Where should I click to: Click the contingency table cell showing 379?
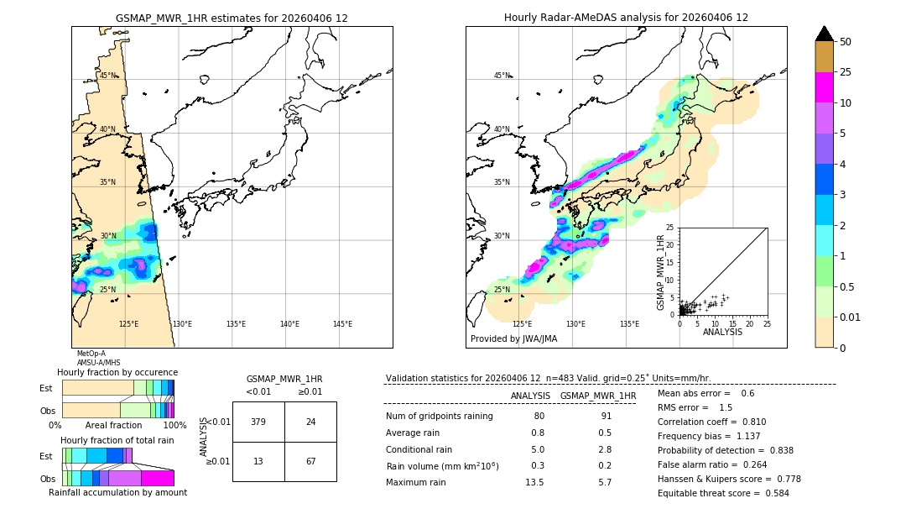point(258,422)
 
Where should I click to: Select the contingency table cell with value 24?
point(310,422)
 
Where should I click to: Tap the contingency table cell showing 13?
point(258,461)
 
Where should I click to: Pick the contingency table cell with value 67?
point(310,461)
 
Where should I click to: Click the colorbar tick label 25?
point(846,72)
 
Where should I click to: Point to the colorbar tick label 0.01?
point(851,317)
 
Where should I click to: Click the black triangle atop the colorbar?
point(825,34)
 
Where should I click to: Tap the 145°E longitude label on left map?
point(342,324)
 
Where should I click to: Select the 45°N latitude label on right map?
point(502,76)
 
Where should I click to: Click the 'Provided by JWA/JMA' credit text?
point(513,339)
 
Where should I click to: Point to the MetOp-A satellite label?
point(91,354)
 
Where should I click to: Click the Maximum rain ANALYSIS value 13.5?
point(534,482)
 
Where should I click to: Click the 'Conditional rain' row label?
point(420,449)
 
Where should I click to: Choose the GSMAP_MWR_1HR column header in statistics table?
point(597,396)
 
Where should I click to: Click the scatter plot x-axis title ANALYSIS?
point(722,332)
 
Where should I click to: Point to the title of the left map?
point(232,18)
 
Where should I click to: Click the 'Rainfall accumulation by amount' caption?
point(117,492)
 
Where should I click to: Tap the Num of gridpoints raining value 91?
point(607,416)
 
